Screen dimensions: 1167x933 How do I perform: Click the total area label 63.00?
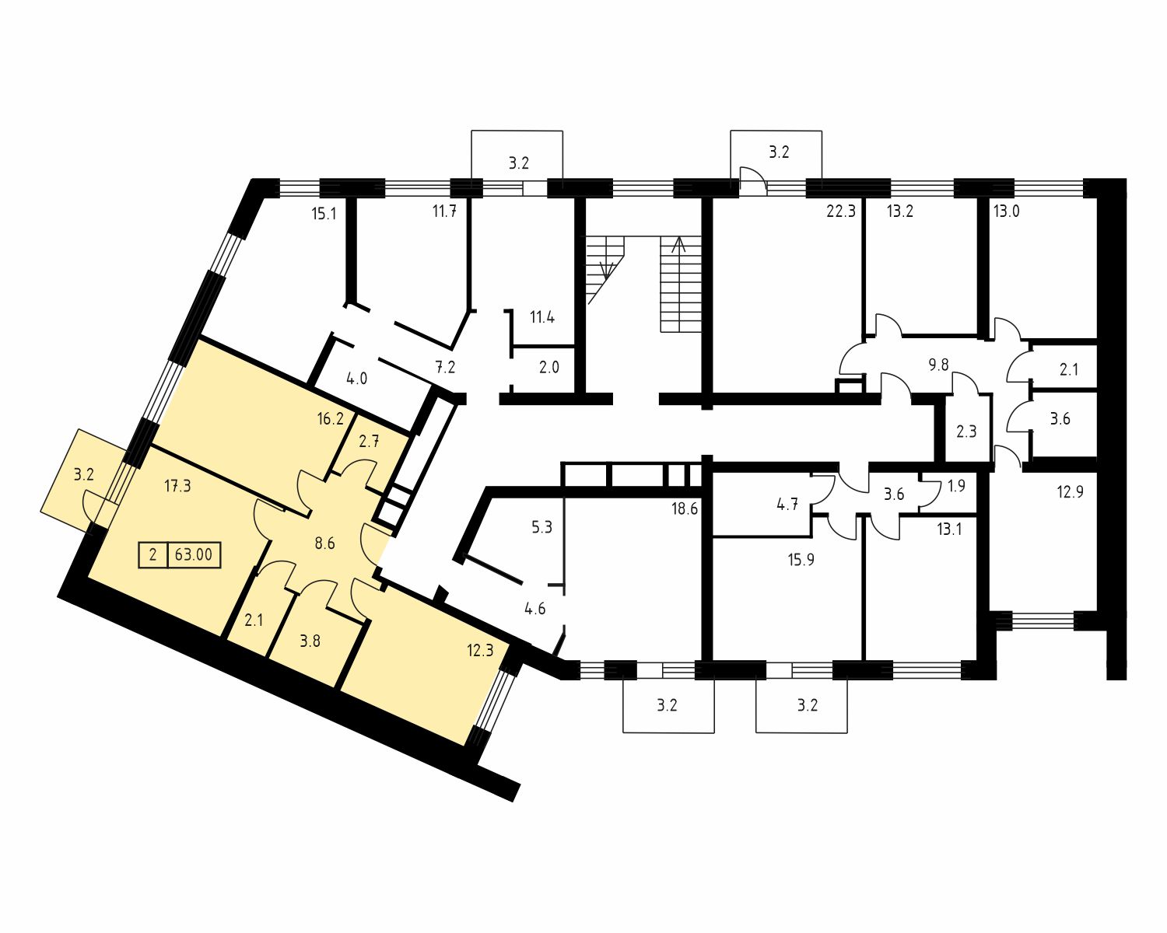194,554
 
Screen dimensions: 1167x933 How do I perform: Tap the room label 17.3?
178,486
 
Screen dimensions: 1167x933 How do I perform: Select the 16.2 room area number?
331,418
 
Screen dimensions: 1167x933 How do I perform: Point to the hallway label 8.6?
324,543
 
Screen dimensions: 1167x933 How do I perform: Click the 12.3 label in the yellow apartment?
481,651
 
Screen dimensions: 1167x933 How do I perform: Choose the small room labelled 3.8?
310,641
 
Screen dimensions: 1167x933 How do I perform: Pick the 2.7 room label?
369,442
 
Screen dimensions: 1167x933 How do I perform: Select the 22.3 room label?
841,211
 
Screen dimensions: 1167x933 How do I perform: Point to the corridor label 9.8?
939,365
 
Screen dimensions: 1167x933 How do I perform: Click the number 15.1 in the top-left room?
324,214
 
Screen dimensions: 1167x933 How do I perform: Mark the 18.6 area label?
685,509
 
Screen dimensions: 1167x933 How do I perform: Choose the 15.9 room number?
801,560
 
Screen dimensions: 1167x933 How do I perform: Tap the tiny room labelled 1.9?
957,486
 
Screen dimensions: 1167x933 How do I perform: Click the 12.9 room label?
1071,492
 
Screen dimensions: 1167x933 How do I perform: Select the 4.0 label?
357,379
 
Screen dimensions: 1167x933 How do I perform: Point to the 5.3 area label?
541,527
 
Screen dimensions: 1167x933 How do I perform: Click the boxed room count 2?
153,554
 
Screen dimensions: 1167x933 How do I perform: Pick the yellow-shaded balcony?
82,477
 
